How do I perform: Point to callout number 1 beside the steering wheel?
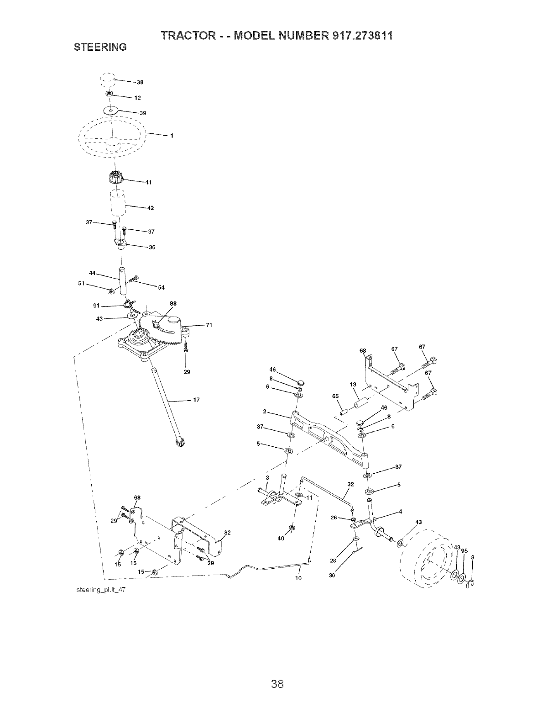172,135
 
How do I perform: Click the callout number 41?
148,183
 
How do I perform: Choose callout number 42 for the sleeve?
151,208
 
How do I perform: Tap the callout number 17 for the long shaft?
197,400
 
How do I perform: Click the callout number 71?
209,325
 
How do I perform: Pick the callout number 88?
173,303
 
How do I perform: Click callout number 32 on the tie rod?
350,484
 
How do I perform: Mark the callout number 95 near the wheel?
464,550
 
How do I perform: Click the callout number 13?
352,385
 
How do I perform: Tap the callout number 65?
335,396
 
